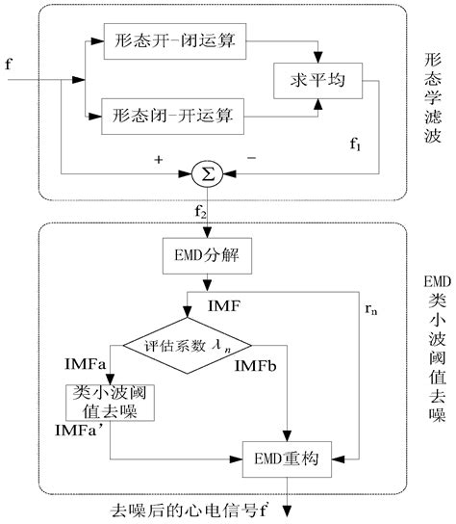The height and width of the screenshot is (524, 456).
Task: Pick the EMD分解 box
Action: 205,257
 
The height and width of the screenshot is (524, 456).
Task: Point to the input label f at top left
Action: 9,65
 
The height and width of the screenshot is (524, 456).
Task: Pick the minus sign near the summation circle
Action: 252,156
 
